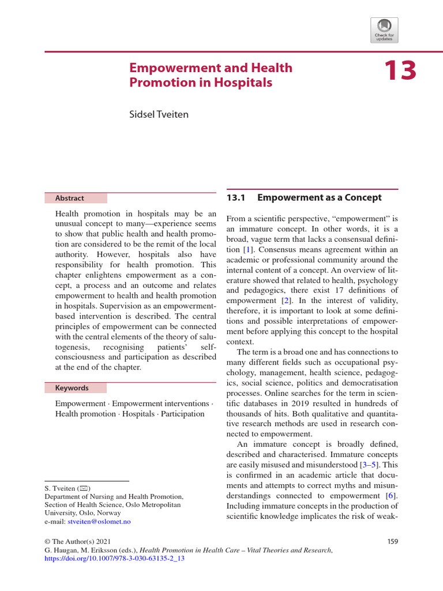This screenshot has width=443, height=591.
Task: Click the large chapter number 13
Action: [x=399, y=71]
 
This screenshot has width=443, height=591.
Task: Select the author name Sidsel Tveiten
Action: [x=158, y=114]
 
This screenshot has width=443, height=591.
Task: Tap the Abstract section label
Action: [x=69, y=198]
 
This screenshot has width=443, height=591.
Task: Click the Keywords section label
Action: [x=72, y=388]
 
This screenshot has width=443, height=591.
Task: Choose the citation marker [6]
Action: [x=392, y=495]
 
